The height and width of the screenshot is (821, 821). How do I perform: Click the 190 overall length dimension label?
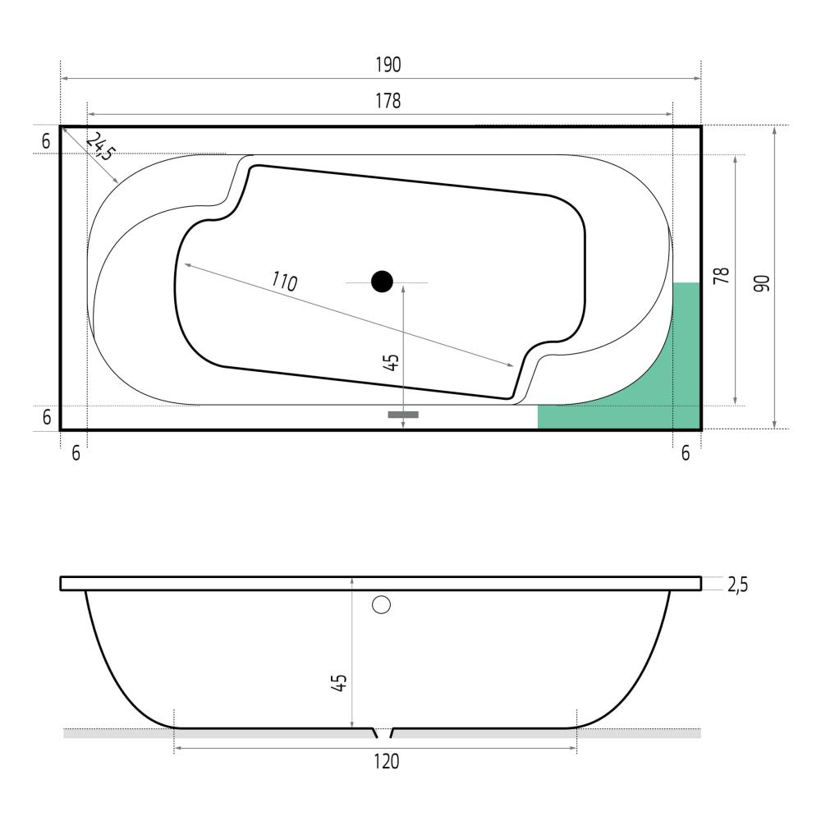pyautogui.click(x=388, y=64)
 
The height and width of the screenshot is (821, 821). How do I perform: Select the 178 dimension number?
pyautogui.click(x=388, y=100)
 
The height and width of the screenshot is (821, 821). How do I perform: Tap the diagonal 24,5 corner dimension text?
pyautogui.click(x=99, y=146)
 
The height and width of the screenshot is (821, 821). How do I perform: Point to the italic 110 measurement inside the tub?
pyautogui.click(x=284, y=282)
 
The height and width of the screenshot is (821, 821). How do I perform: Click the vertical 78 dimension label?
pyautogui.click(x=722, y=275)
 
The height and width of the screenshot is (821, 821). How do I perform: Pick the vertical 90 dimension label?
pyautogui.click(x=762, y=283)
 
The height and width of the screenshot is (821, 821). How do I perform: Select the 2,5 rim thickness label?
pyautogui.click(x=738, y=585)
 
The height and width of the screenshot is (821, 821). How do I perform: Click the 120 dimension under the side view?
pyautogui.click(x=387, y=761)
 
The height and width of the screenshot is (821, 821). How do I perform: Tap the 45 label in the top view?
pyautogui.click(x=391, y=363)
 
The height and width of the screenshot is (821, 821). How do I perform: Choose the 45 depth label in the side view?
pyautogui.click(x=339, y=683)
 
